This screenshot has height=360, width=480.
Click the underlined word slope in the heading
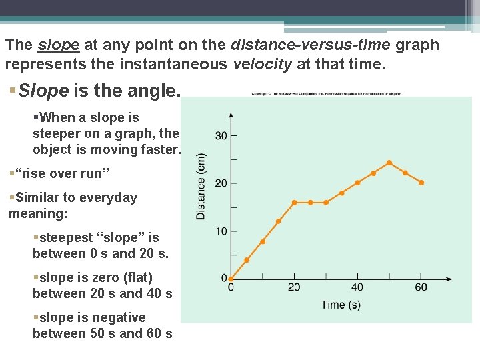point(59,45)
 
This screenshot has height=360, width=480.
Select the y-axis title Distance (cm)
point(201,187)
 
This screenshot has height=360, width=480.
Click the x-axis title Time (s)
point(341,305)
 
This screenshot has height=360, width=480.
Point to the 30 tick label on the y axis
point(221,136)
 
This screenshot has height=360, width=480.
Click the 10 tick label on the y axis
point(221,231)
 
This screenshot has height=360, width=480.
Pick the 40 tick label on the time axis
point(357,288)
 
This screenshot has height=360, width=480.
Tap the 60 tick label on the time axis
point(421,288)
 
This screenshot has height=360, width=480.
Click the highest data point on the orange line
point(389,163)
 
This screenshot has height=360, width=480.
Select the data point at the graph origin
point(231,279)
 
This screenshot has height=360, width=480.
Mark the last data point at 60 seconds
point(421,183)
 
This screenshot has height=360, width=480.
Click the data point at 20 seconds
point(294,202)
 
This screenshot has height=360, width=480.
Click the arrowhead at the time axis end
point(448,279)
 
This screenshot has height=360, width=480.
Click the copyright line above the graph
point(326,94)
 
